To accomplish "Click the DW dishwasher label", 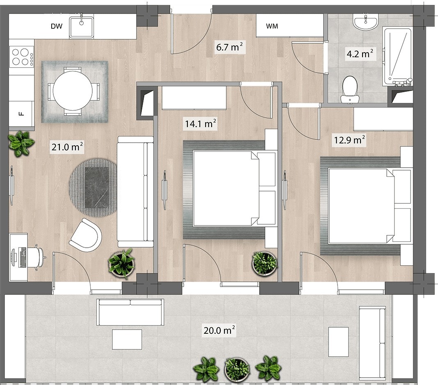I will [56, 27].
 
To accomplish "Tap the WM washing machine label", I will [272, 27].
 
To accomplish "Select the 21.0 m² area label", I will [67, 147].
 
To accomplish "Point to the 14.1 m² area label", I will [201, 123].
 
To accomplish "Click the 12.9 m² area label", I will [349, 140].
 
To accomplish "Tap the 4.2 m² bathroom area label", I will [359, 54].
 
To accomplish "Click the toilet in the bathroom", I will [350, 88].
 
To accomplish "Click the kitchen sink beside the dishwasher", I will [82, 26].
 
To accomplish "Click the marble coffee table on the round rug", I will [97, 187].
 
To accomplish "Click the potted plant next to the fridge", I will [21, 143].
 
